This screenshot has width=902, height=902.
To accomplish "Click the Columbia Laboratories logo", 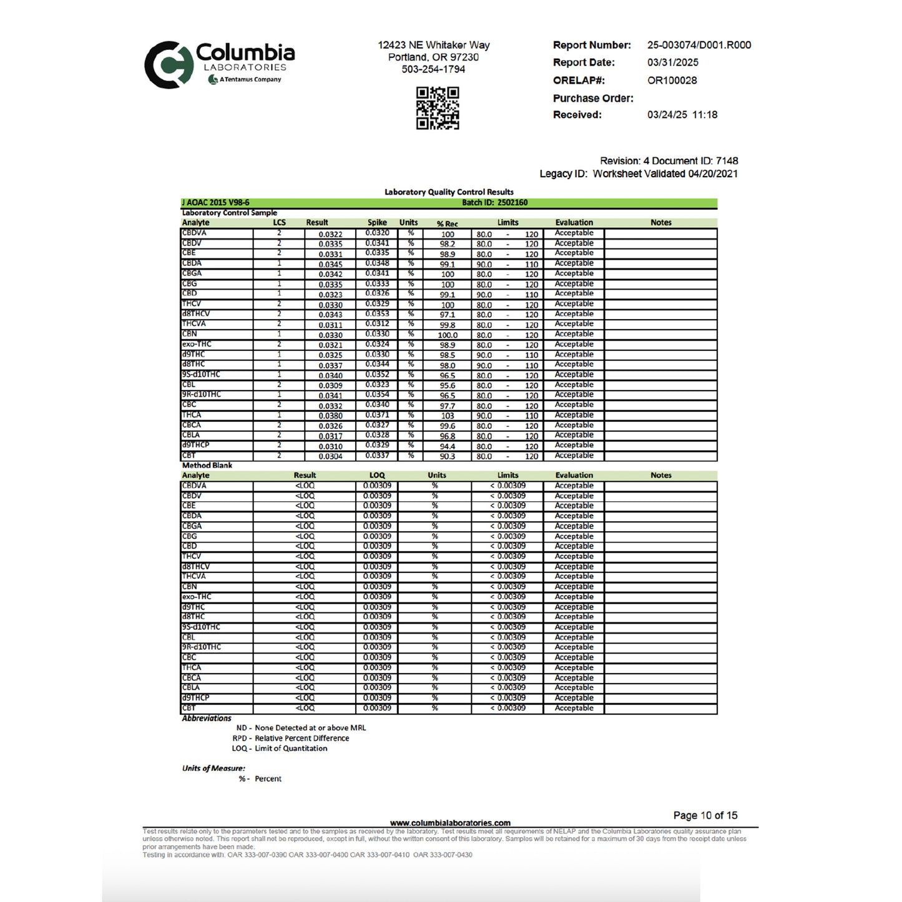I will coord(219,64).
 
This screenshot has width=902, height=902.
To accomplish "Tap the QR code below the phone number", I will coord(438,108).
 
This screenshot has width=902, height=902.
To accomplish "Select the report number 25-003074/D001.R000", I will coord(699,45).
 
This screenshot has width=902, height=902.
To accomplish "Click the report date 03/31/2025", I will coord(672,62).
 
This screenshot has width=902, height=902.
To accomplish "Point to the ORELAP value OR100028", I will coord(672,81).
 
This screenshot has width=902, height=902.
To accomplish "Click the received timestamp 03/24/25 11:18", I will coord(682,115).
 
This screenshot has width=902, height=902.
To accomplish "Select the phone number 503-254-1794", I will coord(433,69).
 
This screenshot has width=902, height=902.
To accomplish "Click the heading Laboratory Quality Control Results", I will coord(449,192).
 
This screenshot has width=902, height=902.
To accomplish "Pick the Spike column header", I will coord(377,223).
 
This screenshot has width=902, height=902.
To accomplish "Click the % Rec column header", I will coord(447,223).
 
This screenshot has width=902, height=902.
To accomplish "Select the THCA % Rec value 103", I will coord(448,416).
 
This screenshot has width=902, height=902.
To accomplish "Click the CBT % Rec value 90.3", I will coord(448,456).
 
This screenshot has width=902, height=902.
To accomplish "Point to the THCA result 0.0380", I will coord(330,416).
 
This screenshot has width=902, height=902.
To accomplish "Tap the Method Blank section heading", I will coord(207,466).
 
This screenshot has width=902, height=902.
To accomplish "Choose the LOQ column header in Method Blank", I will coord(377,476).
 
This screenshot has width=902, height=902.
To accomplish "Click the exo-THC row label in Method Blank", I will coord(197,597).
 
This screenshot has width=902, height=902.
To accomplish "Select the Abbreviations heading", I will coord(207,718).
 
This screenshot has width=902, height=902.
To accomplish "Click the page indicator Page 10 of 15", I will coord(705,815).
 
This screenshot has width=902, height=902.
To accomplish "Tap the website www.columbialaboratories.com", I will coord(449,823).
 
